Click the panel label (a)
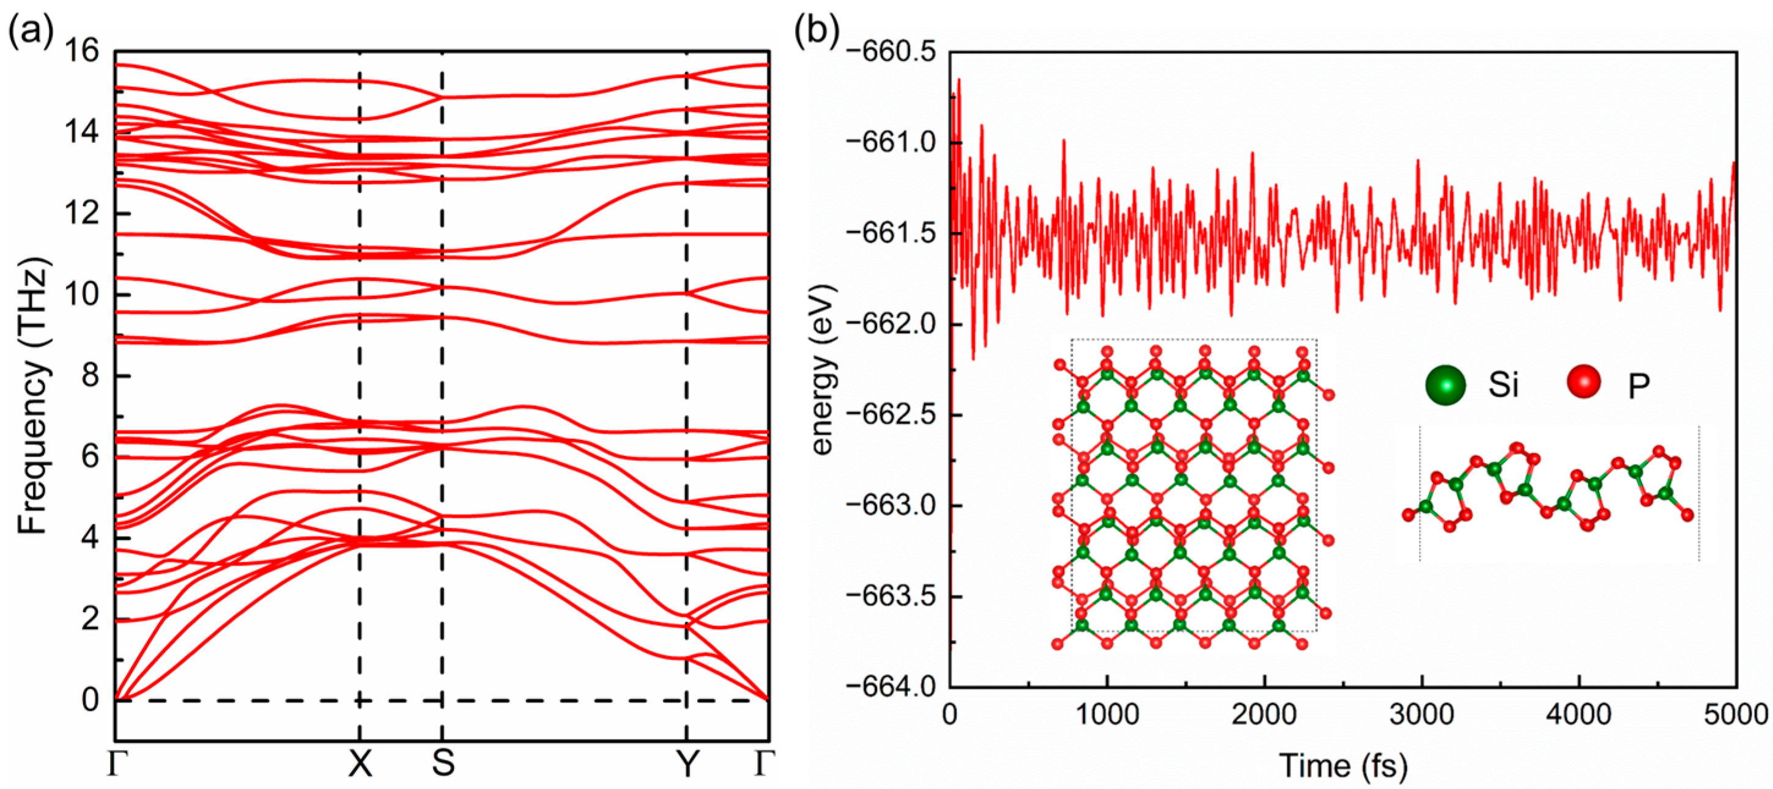31,31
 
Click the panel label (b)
817,31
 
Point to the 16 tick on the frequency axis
81,51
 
